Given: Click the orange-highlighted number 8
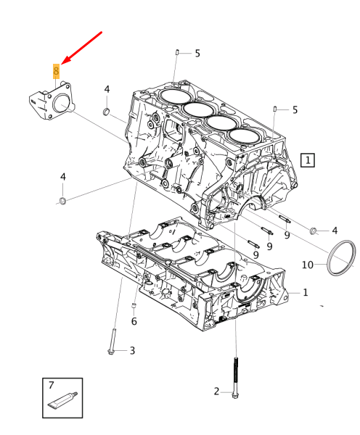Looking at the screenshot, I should click(56, 71).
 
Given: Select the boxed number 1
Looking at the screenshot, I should click(308, 159).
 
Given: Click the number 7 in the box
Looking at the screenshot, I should click(52, 385).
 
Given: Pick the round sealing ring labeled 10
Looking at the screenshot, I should click(342, 260).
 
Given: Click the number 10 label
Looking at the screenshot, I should click(308, 265).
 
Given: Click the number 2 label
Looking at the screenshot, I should click(216, 391).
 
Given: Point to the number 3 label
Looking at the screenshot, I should click(132, 351).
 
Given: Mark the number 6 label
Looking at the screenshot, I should click(134, 321).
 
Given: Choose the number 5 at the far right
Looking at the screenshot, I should click(295, 110).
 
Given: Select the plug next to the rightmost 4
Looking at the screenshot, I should click(314, 231).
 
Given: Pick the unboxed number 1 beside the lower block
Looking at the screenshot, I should click(306, 292).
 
